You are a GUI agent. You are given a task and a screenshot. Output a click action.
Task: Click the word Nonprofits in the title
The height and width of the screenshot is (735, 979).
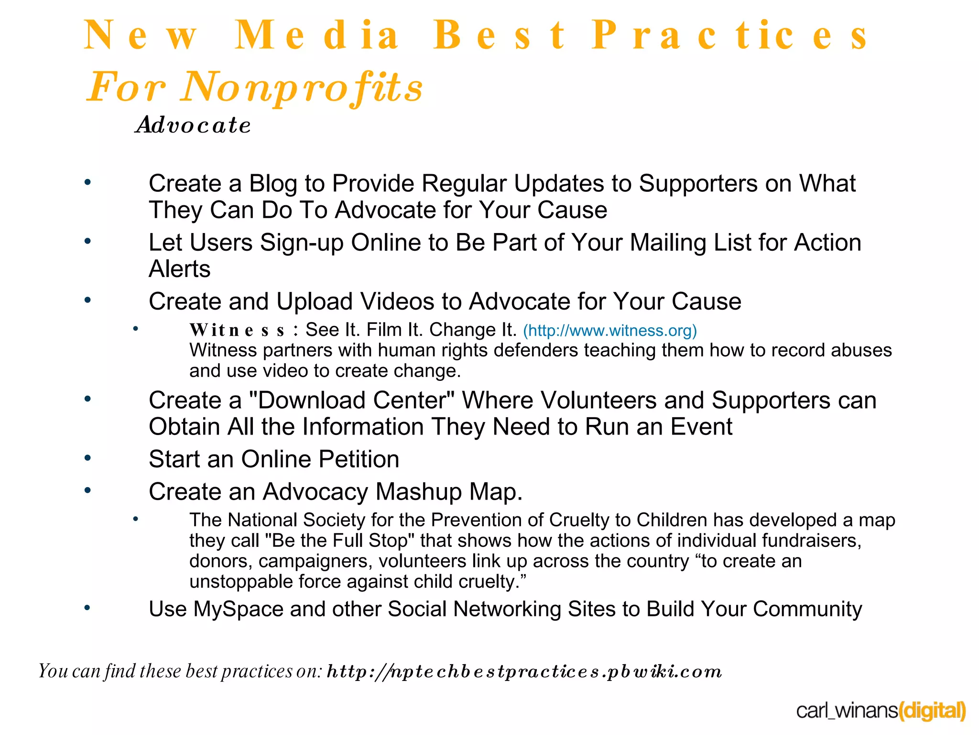(x=302, y=87)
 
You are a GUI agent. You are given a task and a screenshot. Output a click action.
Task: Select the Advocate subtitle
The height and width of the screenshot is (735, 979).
(x=194, y=125)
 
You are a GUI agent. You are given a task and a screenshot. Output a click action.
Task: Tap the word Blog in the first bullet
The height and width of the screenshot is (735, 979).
(x=273, y=184)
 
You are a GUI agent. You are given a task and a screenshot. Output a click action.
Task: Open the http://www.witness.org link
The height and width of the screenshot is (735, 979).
(x=609, y=331)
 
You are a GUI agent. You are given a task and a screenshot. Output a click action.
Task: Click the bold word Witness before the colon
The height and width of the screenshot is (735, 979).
(x=238, y=330)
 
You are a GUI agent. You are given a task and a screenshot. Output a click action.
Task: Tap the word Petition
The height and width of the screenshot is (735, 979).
(x=359, y=459)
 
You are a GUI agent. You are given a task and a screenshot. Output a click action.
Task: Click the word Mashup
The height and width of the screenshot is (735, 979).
(x=418, y=492)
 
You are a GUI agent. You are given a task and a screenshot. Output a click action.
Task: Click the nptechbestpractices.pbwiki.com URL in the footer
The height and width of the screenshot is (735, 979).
(x=524, y=671)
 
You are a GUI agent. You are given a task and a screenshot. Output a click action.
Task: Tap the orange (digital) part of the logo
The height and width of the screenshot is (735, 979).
(x=932, y=711)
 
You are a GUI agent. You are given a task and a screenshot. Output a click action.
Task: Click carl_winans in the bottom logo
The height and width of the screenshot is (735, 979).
(x=847, y=711)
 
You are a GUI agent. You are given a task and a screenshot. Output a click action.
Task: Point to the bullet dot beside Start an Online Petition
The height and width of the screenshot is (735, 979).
(x=87, y=458)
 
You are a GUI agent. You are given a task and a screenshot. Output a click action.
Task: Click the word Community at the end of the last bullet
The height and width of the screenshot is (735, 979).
(x=807, y=609)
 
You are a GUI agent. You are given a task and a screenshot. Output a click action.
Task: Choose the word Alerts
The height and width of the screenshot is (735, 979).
(x=180, y=269)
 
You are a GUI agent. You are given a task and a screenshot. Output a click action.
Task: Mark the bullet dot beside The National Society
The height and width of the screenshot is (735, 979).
(x=136, y=519)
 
